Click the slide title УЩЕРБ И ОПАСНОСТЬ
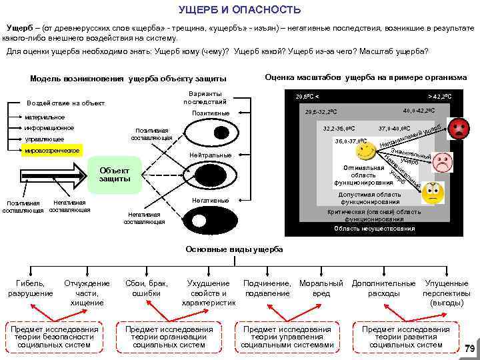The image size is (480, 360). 240,11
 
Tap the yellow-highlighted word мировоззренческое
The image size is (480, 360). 51,151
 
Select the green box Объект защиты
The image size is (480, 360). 115,173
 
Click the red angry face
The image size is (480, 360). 459,128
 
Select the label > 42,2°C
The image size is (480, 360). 439,97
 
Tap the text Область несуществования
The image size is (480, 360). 374,229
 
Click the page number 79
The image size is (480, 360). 469,348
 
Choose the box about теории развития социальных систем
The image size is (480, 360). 405,337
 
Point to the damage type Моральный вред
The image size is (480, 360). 321,288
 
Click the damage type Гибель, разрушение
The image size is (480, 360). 30,288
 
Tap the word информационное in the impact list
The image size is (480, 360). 49,128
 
